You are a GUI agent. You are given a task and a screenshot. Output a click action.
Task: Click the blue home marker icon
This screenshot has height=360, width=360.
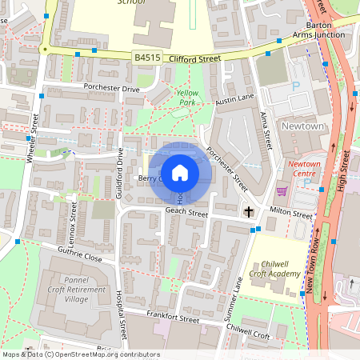[x=180, y=173]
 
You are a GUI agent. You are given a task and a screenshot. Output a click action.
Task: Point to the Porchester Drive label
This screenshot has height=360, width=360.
[x=111, y=87]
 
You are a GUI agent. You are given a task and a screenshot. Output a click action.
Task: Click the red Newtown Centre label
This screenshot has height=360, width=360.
[x=303, y=168]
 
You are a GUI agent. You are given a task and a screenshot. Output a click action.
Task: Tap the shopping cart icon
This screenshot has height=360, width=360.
[x=282, y=190]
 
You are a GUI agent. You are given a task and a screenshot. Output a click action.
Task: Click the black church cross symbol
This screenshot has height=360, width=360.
[x=249, y=212]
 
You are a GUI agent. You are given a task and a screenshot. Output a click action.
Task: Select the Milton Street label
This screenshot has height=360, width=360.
[x=290, y=214]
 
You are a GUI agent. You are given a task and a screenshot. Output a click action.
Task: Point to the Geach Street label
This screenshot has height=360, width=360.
[x=186, y=214]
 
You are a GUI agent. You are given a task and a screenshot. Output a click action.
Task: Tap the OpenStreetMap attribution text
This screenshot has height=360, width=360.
[x=80, y=354]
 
